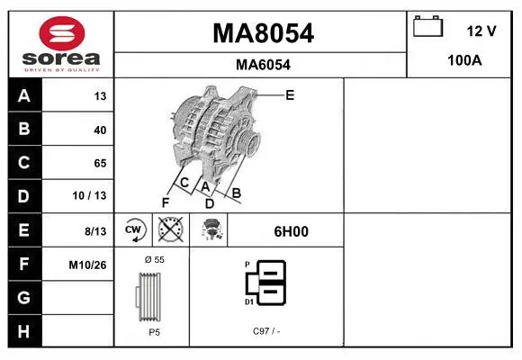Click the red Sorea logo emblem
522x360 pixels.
pos(62,33)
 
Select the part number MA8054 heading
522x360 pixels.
pos(263,33)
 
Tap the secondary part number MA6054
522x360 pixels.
pos(263,65)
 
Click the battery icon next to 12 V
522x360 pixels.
pos(427,26)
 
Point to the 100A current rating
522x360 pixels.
pos(464,60)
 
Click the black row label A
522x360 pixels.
pos(24,95)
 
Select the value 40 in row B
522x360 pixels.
pos(100,130)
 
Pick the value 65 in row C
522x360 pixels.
pos(100,163)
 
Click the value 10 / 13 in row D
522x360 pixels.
pos(89,195)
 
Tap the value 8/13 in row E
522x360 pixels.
pos(95,231)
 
